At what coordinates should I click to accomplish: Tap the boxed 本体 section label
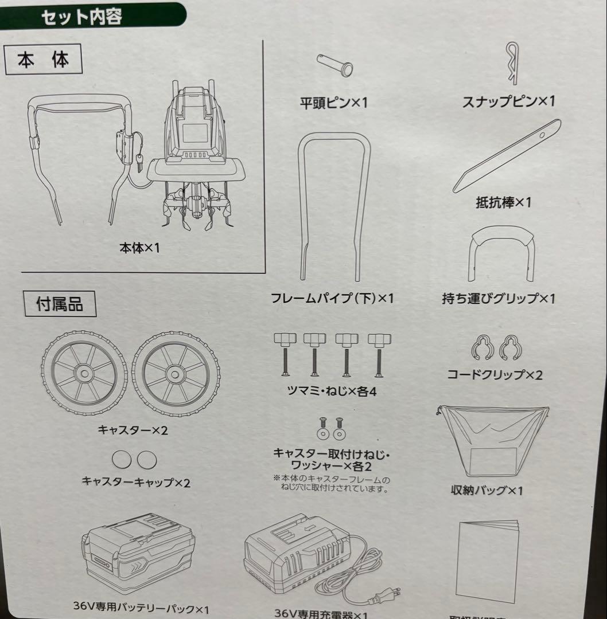point(44,60)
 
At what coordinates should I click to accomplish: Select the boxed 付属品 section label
point(60,304)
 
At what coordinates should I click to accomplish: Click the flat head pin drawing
point(335,64)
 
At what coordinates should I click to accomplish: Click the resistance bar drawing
point(507,156)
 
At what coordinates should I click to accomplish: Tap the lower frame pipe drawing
point(334,206)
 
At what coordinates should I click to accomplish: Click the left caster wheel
point(84,373)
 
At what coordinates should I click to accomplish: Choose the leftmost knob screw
point(283,355)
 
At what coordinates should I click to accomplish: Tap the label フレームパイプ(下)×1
point(333,299)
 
